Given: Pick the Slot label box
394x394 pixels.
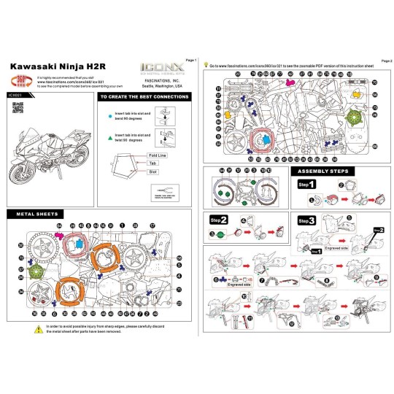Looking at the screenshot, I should (153, 171).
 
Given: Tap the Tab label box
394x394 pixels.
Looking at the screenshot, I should (153, 164).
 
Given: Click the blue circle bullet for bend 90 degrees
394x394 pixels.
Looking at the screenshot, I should (109, 115).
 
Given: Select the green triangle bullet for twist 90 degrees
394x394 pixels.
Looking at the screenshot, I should (109, 134).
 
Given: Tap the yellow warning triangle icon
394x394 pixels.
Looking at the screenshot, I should (37, 330).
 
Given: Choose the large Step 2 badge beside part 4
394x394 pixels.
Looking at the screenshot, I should (219, 220).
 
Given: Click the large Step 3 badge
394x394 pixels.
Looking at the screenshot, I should (306, 220).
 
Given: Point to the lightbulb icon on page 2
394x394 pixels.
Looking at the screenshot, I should (205, 65).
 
